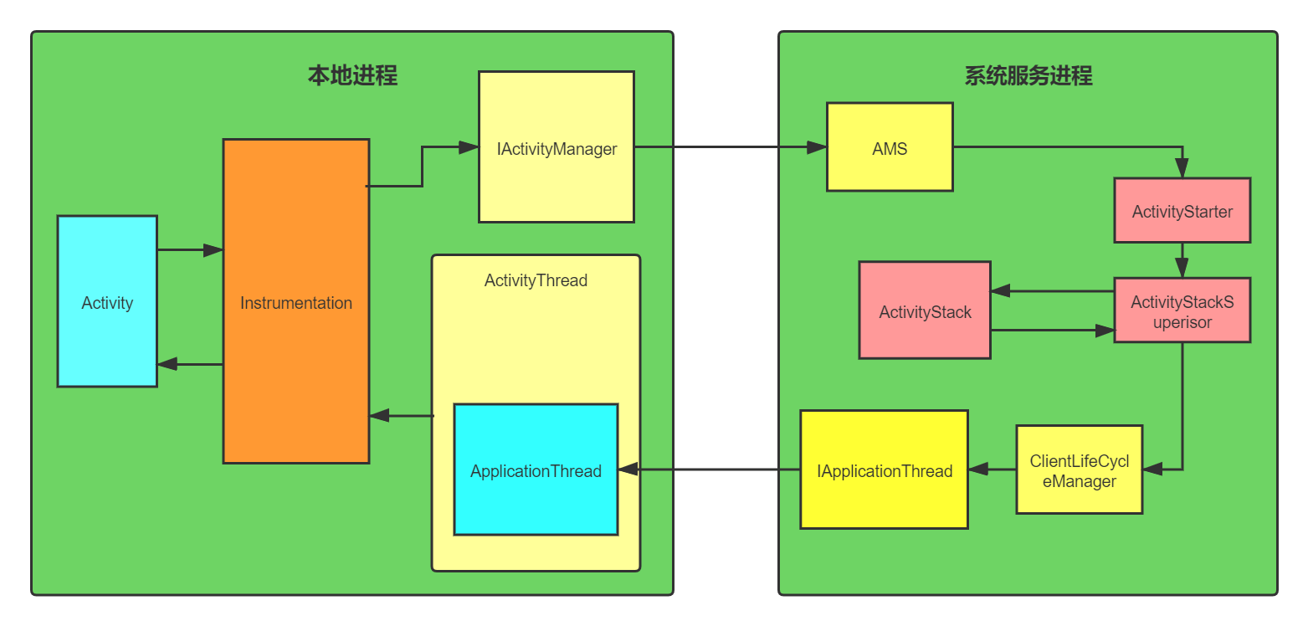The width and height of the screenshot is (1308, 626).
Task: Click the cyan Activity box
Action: [x=107, y=301]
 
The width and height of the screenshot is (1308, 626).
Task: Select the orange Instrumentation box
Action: [x=296, y=301]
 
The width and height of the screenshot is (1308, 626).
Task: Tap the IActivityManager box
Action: [x=557, y=147]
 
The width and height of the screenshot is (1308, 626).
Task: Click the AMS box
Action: [x=890, y=147]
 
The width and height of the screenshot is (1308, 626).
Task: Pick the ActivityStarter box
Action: [x=1182, y=210]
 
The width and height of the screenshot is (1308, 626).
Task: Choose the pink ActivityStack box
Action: [x=925, y=310]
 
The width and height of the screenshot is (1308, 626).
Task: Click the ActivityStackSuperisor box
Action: [x=1182, y=310]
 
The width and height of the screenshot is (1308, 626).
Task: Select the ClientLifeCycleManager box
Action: [x=1079, y=469]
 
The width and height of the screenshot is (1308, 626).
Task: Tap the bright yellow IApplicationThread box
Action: [x=884, y=469]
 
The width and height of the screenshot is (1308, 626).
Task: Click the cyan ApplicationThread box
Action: [x=536, y=469]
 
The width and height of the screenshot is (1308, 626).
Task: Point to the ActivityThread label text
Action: [x=536, y=280]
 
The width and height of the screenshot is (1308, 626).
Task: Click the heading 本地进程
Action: [x=352, y=76]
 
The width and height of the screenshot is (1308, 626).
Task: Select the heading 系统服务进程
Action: [x=1028, y=76]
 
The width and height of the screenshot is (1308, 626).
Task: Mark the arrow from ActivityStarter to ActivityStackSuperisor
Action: [x=1182, y=260]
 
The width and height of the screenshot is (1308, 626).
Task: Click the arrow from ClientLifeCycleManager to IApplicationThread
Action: [x=993, y=469]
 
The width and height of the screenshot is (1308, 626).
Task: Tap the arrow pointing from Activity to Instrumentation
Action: [x=190, y=249]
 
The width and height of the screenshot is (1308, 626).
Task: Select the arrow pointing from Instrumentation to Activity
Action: [x=190, y=364]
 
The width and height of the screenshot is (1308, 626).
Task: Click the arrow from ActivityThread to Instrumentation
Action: [x=401, y=415]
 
